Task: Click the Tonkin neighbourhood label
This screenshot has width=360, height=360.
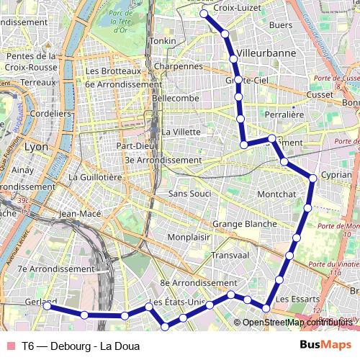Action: pyautogui.click(x=162, y=41)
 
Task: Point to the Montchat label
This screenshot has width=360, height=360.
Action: pyautogui.click(x=276, y=194)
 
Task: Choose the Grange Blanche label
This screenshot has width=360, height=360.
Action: pyautogui.click(x=244, y=224)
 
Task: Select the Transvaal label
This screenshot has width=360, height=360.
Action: pyautogui.click(x=230, y=255)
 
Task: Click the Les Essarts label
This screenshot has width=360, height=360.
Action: pyautogui.click(x=292, y=298)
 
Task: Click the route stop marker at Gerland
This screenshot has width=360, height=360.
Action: pyautogui.click(x=47, y=306)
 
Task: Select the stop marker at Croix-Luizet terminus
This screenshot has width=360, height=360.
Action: pyautogui.click(x=204, y=14)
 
